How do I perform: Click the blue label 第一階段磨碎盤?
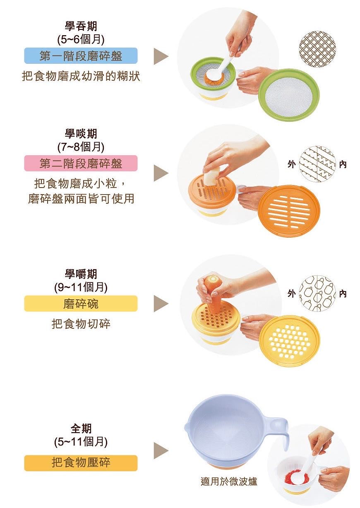point(81,55)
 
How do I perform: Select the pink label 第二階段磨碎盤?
point(81,163)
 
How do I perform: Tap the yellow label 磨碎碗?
point(81,303)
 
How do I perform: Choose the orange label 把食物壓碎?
point(81,457)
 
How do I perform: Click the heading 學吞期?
point(81,26)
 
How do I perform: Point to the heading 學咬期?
point(81,133)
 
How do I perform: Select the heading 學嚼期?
point(81,274)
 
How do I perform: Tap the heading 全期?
point(81,429)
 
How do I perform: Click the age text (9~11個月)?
point(81,287)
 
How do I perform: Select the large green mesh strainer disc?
point(289,95)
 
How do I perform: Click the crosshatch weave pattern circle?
point(317,49)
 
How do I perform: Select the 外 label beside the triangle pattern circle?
point(292,164)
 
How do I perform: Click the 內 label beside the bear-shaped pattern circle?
point(343,294)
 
